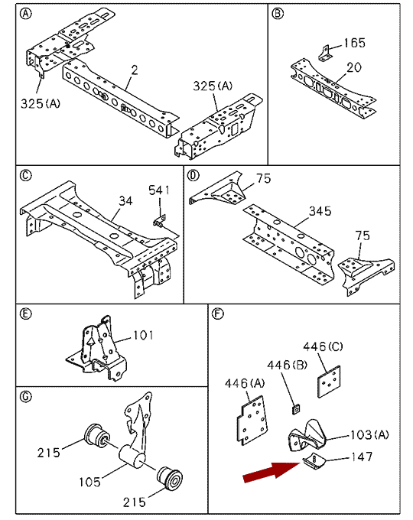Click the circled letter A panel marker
[x=26, y=14]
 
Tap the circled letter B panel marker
[x=278, y=14]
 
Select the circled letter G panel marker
[x=26, y=396]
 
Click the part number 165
[x=354, y=43]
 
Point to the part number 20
[x=353, y=67]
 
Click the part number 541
[x=159, y=190]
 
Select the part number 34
[x=125, y=200]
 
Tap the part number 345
[x=320, y=211]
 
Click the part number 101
[x=143, y=335]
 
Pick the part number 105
[x=90, y=482]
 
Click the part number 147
[x=362, y=457]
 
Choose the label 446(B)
[x=288, y=365]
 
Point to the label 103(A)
[x=369, y=434]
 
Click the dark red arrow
[x=272, y=472]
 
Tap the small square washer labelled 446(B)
[x=296, y=409]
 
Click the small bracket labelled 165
[x=325, y=54]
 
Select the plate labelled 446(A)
[x=252, y=420]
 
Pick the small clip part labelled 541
[x=160, y=220]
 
